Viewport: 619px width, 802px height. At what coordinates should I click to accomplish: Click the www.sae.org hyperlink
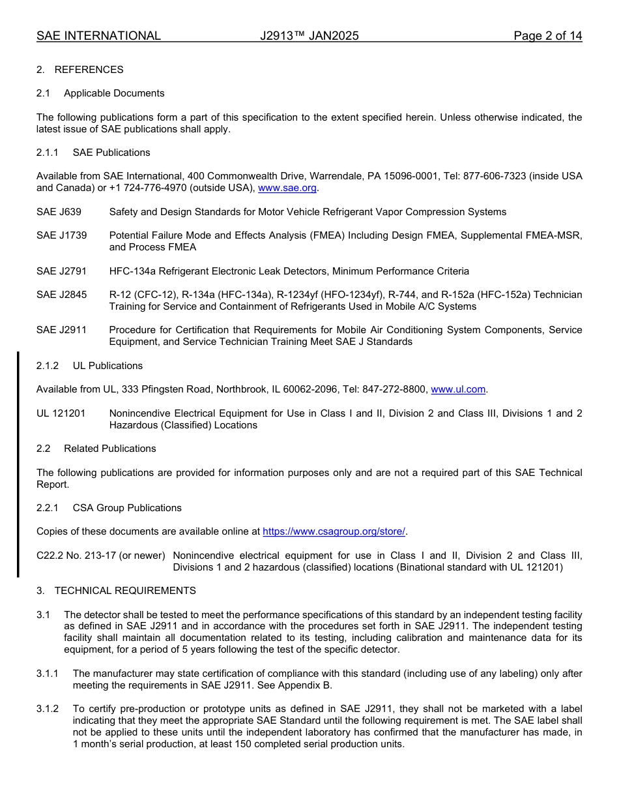tap(287, 188)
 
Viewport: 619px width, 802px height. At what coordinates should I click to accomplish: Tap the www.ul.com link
tap(458, 390)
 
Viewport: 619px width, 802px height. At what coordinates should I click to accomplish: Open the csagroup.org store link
tap(334, 532)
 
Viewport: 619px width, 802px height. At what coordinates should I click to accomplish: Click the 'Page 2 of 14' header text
tap(547, 36)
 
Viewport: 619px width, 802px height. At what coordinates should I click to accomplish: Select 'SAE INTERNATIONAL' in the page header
tap(98, 36)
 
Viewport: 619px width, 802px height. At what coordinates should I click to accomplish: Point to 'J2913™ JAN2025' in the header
tap(309, 36)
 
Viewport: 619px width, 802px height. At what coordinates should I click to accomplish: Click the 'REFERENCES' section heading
tap(89, 70)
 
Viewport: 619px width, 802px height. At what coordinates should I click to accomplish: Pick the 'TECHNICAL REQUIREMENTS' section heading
tap(125, 591)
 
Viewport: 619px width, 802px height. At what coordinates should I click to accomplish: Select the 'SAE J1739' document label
tap(61, 235)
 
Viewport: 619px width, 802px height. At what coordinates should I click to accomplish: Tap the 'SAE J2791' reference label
tap(61, 271)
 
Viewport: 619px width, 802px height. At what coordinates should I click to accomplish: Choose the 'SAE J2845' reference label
tap(61, 295)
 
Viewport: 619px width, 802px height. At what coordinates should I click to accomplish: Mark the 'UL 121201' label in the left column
tap(61, 413)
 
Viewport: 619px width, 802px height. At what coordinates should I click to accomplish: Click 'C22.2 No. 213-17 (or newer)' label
tap(100, 556)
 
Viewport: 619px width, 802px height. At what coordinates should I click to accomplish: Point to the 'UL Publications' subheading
tap(108, 366)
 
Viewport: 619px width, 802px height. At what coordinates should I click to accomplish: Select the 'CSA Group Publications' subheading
tap(127, 508)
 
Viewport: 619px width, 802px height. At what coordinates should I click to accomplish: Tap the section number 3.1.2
tap(48, 709)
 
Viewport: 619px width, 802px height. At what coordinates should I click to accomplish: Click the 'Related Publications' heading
tap(109, 449)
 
